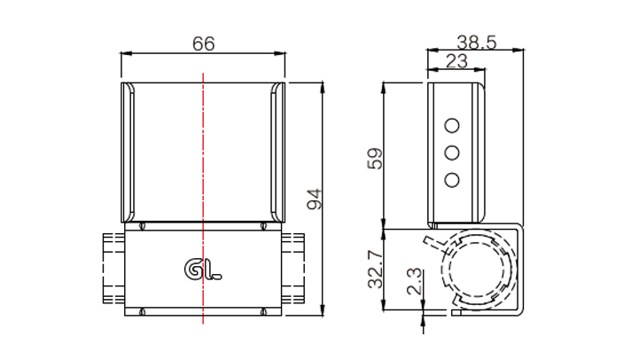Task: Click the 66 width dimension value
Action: (203, 43)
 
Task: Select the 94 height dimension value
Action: (315, 199)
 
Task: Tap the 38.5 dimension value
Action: (477, 43)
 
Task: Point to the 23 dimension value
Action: (456, 61)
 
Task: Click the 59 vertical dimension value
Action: (375, 158)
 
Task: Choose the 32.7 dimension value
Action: (375, 270)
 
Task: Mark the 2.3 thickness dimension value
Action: (414, 281)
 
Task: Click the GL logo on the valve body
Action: (203, 270)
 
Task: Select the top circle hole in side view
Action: (452, 126)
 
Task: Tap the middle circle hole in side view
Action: (452, 153)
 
